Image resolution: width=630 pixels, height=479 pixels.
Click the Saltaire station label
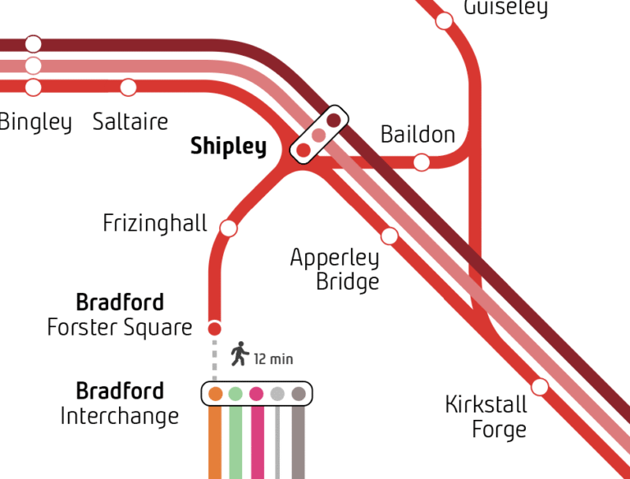tap(130, 122)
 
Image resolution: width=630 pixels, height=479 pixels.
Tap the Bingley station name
tap(35, 122)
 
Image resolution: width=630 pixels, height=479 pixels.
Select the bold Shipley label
tap(228, 147)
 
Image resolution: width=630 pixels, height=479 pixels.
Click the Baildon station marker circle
tap(421, 162)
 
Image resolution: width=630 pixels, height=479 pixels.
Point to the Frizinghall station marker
tap(229, 228)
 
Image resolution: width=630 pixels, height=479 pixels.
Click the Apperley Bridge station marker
tap(390, 236)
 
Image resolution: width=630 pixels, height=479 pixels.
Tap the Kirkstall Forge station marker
tap(540, 386)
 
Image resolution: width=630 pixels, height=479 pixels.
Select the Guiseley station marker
tap(444, 21)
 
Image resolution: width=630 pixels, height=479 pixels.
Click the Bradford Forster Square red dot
tap(215, 329)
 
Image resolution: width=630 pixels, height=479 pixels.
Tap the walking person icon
tap(240, 354)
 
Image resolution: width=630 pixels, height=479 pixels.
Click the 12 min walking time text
tap(273, 359)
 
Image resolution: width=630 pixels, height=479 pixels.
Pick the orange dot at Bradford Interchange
tap(215, 394)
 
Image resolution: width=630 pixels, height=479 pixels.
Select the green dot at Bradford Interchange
tap(235, 394)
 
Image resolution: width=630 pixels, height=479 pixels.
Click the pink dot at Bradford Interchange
tap(257, 394)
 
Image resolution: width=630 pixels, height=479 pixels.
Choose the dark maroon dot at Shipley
tap(333, 121)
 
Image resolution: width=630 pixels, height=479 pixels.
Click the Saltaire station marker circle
tap(128, 87)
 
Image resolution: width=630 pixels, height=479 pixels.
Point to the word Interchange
tap(119, 416)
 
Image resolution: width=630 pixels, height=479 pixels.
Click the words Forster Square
tap(120, 328)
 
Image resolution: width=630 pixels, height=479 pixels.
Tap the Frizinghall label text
tap(155, 223)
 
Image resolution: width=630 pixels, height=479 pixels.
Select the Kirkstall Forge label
tap(486, 417)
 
